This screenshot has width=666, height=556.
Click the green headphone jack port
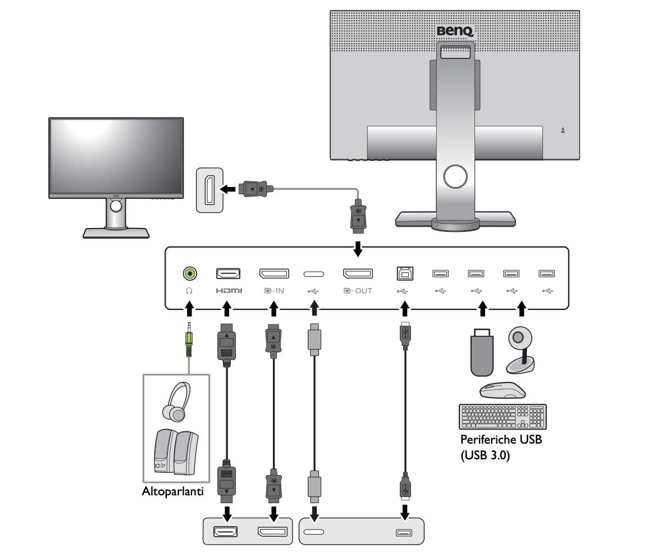click(x=190, y=274)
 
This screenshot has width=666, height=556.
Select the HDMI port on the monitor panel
click(x=228, y=274)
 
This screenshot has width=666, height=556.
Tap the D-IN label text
click(x=274, y=291)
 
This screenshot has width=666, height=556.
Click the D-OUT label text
click(x=358, y=291)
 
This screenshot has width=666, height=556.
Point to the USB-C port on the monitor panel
click(x=313, y=274)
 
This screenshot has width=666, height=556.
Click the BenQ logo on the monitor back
click(x=455, y=31)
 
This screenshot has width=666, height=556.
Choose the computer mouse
click(x=501, y=391)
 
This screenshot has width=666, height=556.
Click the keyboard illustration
click(x=502, y=417)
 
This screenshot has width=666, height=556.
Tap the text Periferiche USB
click(x=501, y=440)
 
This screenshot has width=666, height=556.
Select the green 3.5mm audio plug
click(x=190, y=340)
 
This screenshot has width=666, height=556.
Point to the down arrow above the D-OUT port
click(x=358, y=248)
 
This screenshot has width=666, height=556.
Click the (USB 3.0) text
click(x=485, y=456)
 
